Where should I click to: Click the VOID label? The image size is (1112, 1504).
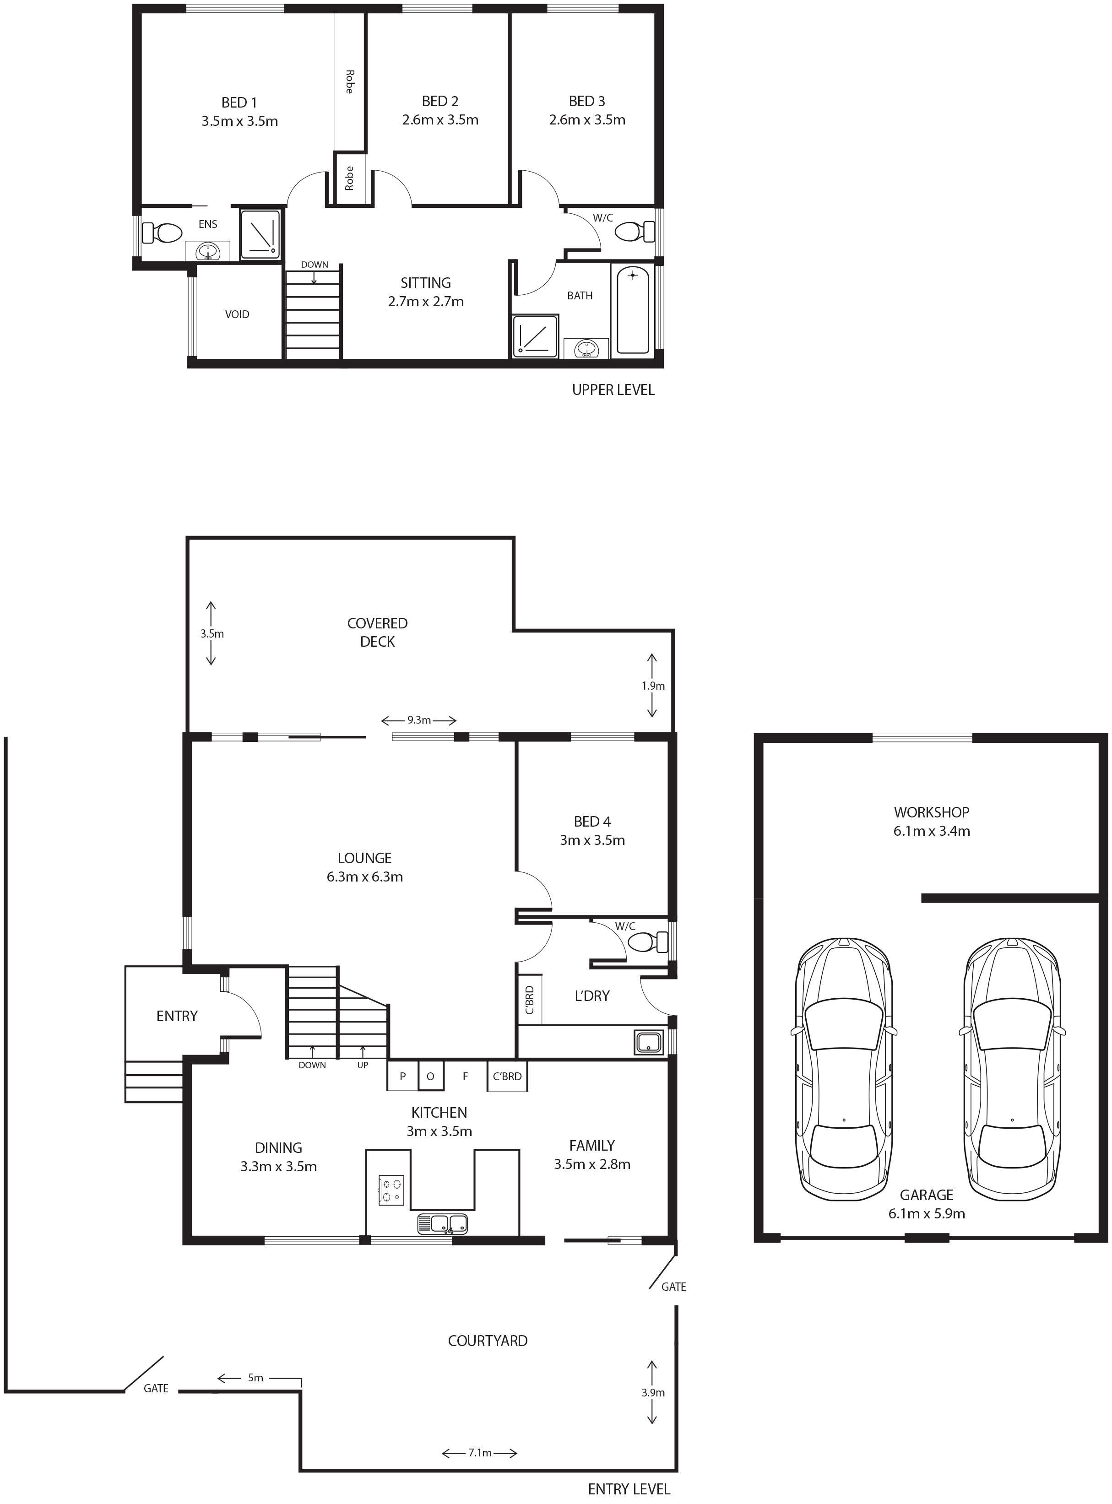(x=237, y=314)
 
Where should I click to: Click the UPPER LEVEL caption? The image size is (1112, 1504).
(x=613, y=390)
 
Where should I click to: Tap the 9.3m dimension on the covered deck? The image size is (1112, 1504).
(x=419, y=720)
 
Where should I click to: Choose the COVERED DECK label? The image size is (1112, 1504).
(x=378, y=633)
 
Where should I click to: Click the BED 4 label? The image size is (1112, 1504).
(x=592, y=822)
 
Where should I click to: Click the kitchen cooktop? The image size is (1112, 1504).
(x=391, y=1189)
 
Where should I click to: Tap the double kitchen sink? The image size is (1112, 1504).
(x=442, y=1223)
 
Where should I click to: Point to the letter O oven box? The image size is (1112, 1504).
(x=431, y=1076)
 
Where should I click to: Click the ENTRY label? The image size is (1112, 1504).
(x=177, y=1016)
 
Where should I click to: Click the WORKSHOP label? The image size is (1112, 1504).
(x=932, y=812)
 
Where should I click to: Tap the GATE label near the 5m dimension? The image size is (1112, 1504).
(x=156, y=1388)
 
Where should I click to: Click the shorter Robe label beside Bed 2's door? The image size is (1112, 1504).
(x=349, y=179)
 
